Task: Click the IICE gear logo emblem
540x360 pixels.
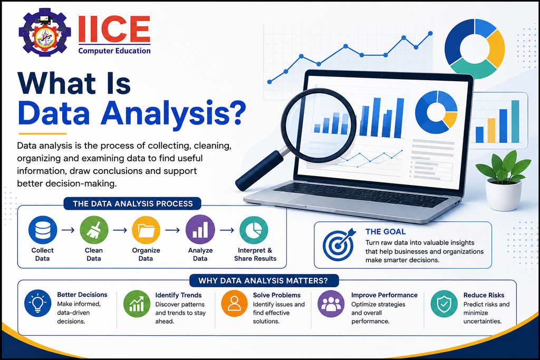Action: [x=44, y=33]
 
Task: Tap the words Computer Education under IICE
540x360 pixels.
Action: [x=114, y=51]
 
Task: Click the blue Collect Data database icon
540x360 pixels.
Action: [x=43, y=230]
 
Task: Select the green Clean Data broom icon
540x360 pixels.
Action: [x=94, y=230]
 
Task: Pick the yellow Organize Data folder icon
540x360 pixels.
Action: [x=146, y=230]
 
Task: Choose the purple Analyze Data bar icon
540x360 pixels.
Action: [x=200, y=230]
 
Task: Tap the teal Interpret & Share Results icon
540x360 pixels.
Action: [x=254, y=230]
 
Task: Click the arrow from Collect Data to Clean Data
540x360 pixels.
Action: [x=68, y=230]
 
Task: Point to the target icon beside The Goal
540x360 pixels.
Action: [x=339, y=244]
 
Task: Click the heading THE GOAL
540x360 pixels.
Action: [x=385, y=231]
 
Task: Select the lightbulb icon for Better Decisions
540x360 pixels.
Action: [x=38, y=303]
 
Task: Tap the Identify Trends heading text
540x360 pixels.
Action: [x=178, y=295]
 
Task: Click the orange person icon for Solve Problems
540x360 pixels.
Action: [x=234, y=303]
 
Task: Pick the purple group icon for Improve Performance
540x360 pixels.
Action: [x=331, y=303]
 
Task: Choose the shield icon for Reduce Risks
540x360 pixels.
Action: [x=444, y=303]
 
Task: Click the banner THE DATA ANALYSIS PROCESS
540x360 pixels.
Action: [x=132, y=204]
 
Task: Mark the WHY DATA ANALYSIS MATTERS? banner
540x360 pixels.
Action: [x=264, y=280]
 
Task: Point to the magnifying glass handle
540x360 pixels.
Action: [x=259, y=170]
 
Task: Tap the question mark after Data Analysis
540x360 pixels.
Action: [x=237, y=112]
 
